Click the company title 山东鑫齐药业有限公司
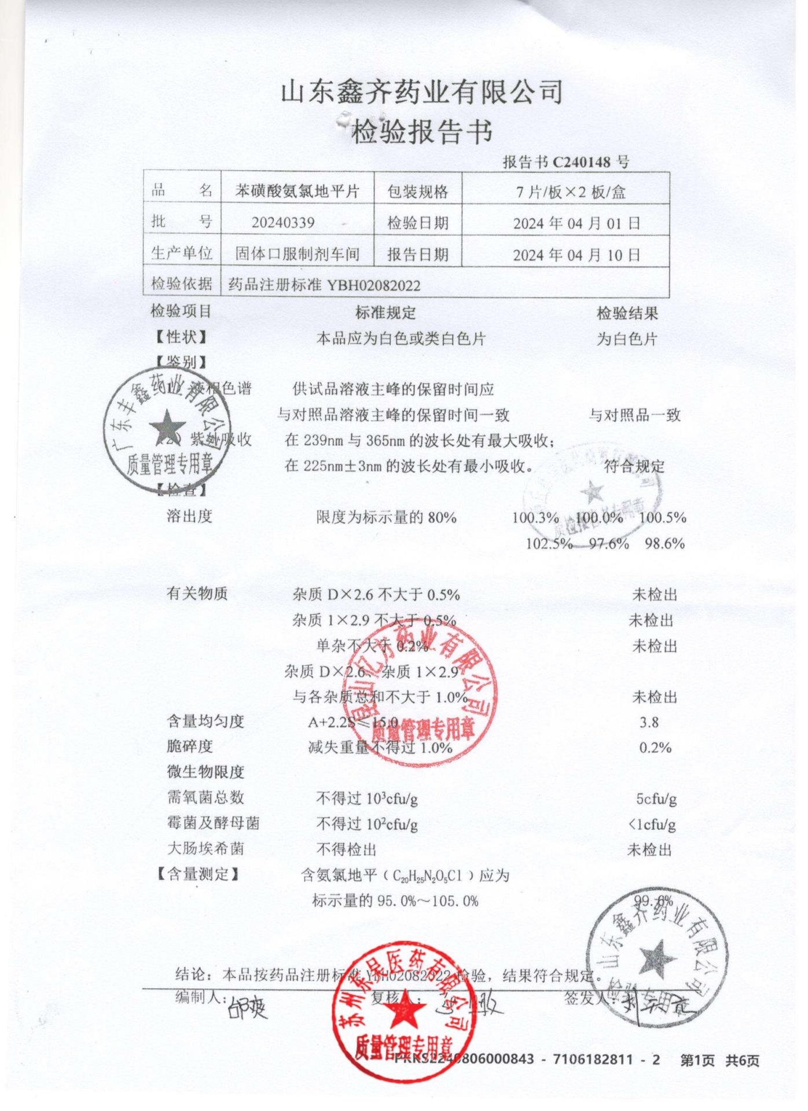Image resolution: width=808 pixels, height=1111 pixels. coord(421,93)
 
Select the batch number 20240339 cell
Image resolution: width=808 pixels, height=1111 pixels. coord(283,223)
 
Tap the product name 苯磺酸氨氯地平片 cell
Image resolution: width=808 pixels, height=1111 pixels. coord(297,192)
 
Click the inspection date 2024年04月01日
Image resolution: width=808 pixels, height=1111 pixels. coord(576,223)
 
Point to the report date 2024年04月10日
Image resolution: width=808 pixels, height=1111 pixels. coord(576,255)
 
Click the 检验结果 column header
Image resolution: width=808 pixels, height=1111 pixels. coord(627,314)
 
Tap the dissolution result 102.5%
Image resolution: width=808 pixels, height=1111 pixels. coord(549,544)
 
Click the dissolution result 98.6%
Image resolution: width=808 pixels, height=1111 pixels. coord(664,544)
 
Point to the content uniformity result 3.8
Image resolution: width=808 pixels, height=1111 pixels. coord(649,722)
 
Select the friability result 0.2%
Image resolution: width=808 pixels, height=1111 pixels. coord(655,748)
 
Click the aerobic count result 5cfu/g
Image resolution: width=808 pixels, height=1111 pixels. coord(656,799)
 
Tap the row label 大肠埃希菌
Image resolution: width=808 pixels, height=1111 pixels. coord(205,849)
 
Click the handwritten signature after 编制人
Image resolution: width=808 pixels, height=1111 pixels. coord(248,1009)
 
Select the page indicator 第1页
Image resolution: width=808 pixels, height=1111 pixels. coord(697,1060)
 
